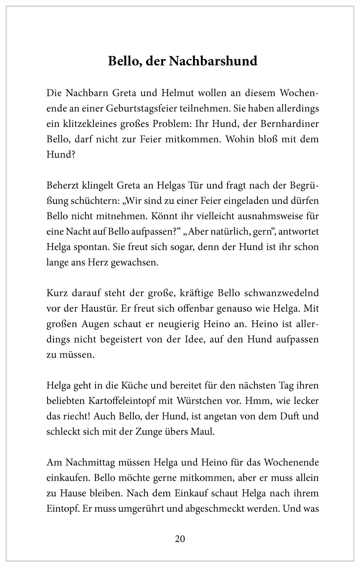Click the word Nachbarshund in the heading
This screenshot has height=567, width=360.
pyautogui.click(x=213, y=61)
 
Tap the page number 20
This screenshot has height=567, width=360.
pyautogui.click(x=180, y=539)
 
